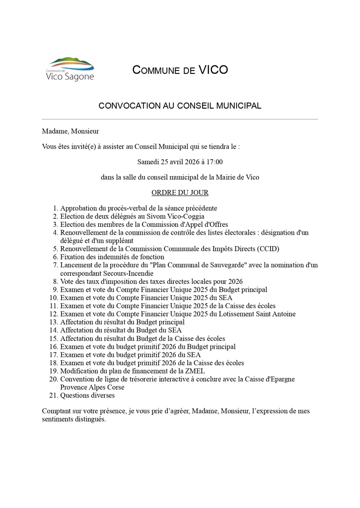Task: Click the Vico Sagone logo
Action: [x=70, y=69]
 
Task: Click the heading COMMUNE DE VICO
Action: [x=180, y=70]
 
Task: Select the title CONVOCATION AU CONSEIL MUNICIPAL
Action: [x=180, y=106]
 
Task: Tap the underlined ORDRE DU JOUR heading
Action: [x=180, y=192]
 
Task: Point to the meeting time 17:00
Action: [x=214, y=162]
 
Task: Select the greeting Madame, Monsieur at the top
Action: [x=71, y=131]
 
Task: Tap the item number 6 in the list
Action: [x=56, y=257]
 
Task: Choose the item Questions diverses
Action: [x=87, y=395]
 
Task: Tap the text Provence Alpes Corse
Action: [x=92, y=387]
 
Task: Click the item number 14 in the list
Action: [x=54, y=330]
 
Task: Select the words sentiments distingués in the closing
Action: [x=74, y=419]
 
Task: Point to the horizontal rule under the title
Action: [x=180, y=120]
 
